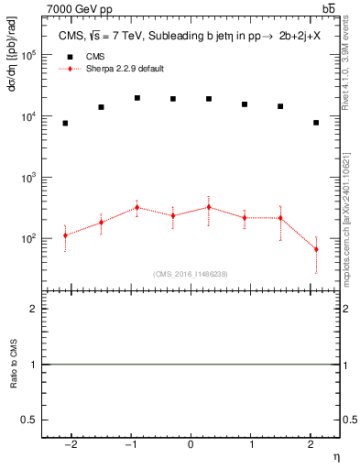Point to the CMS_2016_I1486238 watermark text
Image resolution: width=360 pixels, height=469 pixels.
point(191,274)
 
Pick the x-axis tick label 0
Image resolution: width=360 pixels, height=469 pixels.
point(191,443)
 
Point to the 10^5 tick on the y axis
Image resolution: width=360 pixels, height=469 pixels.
point(29,55)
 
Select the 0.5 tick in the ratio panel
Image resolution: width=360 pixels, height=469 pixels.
point(27,420)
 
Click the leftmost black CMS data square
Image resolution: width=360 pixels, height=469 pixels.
point(65,123)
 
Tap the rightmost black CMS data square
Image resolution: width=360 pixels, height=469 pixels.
point(316,123)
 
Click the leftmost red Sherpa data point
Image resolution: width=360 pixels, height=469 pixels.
point(65,235)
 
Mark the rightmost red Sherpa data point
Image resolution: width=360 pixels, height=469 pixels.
point(316,249)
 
